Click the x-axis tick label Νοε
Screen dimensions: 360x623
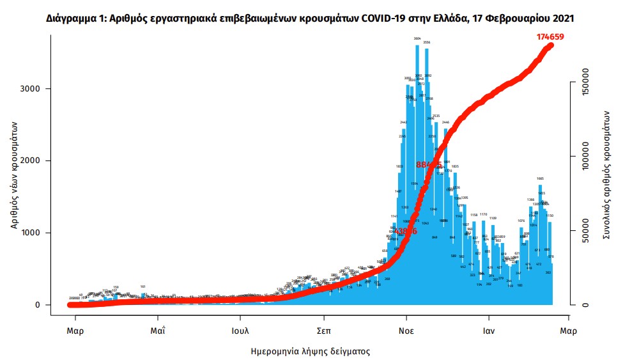coord(406,331)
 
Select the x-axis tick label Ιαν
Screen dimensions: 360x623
coord(489,331)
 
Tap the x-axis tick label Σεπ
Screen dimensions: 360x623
coord(323,331)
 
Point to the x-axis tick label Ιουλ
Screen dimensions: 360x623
coord(240,331)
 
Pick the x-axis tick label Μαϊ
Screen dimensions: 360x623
coord(158,331)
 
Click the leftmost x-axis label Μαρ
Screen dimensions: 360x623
coord(75,331)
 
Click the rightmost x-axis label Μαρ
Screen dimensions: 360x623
coord(569,331)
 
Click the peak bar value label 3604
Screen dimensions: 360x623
coord(417,40)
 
